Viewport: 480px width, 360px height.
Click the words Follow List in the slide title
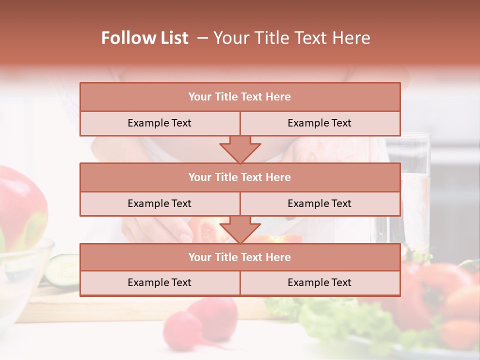tap(145, 38)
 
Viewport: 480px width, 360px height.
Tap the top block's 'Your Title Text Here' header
tap(239, 97)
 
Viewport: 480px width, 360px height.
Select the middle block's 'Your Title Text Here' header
tap(239, 177)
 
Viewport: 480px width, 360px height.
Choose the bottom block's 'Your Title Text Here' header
tap(239, 257)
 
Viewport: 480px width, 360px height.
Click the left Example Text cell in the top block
tap(159, 123)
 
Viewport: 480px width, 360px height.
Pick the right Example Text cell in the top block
tap(319, 123)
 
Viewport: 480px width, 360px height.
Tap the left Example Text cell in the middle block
tap(159, 203)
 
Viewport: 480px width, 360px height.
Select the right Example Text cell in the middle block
tap(319, 203)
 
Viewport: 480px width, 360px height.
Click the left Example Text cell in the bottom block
tap(159, 282)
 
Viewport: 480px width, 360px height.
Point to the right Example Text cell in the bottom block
tap(319, 282)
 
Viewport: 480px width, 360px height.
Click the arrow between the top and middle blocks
tap(240, 149)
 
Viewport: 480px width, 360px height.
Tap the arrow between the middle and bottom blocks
tap(240, 229)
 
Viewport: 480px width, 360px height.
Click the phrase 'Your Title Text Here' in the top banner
tap(292, 38)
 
